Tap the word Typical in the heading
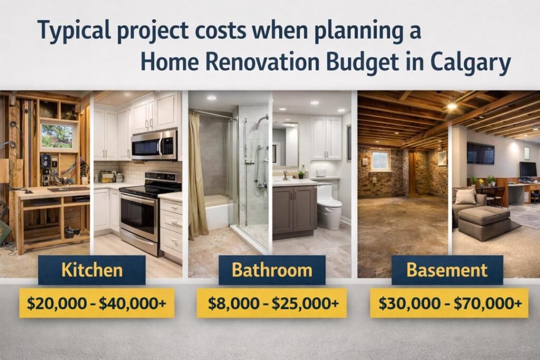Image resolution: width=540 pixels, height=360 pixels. pos(73,31)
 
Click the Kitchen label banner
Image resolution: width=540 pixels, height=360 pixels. pos(92,270)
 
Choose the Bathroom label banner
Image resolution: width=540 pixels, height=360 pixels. pos(272,270)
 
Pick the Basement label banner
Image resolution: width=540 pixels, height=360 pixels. pos(447,270)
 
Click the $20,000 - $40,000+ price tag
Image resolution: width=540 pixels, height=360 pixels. pos(97,303)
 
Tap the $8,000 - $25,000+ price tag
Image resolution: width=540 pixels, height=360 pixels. pos(272,303)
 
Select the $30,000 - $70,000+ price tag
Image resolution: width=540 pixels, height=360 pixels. pos(450,303)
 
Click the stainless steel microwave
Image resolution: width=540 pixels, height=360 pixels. pos(153,144)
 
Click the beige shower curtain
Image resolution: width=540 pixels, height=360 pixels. pos(198,174)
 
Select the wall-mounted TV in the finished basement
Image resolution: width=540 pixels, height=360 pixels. pos(480,153)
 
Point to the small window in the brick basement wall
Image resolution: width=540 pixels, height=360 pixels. pos(380,160)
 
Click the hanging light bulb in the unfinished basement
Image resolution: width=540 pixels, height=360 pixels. pos(451,104)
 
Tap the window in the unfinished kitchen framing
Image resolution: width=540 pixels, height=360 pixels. pos(57,136)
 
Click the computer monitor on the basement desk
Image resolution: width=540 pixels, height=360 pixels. pos(527,169)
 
